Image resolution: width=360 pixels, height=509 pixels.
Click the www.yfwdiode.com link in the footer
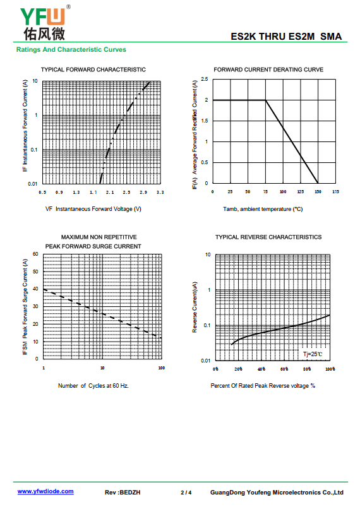[x=45, y=491]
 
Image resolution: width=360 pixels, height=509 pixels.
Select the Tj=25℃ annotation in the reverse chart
[x=313, y=354]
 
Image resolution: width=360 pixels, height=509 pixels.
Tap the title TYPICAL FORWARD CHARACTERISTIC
[x=93, y=69]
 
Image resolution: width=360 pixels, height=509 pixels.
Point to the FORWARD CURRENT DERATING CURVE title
[x=268, y=69]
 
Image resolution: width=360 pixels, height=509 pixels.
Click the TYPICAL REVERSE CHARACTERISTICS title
[x=268, y=237]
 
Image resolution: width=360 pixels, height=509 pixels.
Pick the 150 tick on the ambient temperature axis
[x=318, y=192]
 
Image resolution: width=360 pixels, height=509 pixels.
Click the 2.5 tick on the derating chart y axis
[x=205, y=79]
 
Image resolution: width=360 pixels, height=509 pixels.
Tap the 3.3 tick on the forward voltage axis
[x=160, y=193]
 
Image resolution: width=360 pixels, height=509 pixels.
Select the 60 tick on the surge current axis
[x=35, y=254]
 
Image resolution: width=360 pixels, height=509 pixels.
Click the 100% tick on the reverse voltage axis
[x=330, y=369]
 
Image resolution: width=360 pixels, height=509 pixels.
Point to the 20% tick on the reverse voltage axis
[x=238, y=369]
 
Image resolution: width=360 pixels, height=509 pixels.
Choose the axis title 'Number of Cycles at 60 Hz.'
[x=93, y=386]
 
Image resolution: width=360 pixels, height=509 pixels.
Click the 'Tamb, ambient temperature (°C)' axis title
[x=263, y=209]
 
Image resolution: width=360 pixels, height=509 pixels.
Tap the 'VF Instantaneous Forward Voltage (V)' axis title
[x=93, y=209]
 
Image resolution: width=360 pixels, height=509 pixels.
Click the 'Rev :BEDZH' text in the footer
[x=123, y=493]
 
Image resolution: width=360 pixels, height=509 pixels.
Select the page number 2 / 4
[x=186, y=493]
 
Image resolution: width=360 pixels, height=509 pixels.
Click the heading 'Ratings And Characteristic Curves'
[x=71, y=50]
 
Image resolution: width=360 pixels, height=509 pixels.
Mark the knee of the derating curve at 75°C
[x=265, y=100]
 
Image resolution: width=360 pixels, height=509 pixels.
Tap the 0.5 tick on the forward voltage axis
[x=42, y=193]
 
